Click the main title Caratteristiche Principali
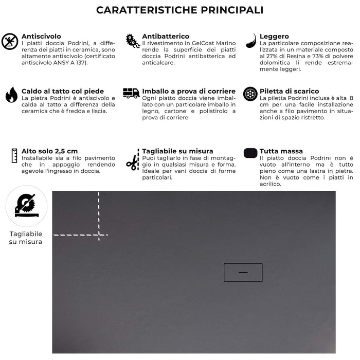tap(180, 10)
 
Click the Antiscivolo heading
tap(41, 37)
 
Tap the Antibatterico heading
tap(166, 37)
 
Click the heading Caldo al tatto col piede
tap(63, 91)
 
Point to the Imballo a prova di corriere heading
tap(189, 91)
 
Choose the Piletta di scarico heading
tap(289, 91)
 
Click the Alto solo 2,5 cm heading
tap(50, 151)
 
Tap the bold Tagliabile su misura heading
tap(177, 151)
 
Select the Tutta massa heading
tap(281, 151)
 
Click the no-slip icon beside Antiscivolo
tap(10, 41)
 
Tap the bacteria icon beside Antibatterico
tap(133, 41)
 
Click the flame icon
tap(11, 95)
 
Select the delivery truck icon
tap(131, 93)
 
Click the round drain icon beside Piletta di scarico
tap(250, 94)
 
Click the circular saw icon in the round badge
tap(26, 206)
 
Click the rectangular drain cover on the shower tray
tap(243, 272)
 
